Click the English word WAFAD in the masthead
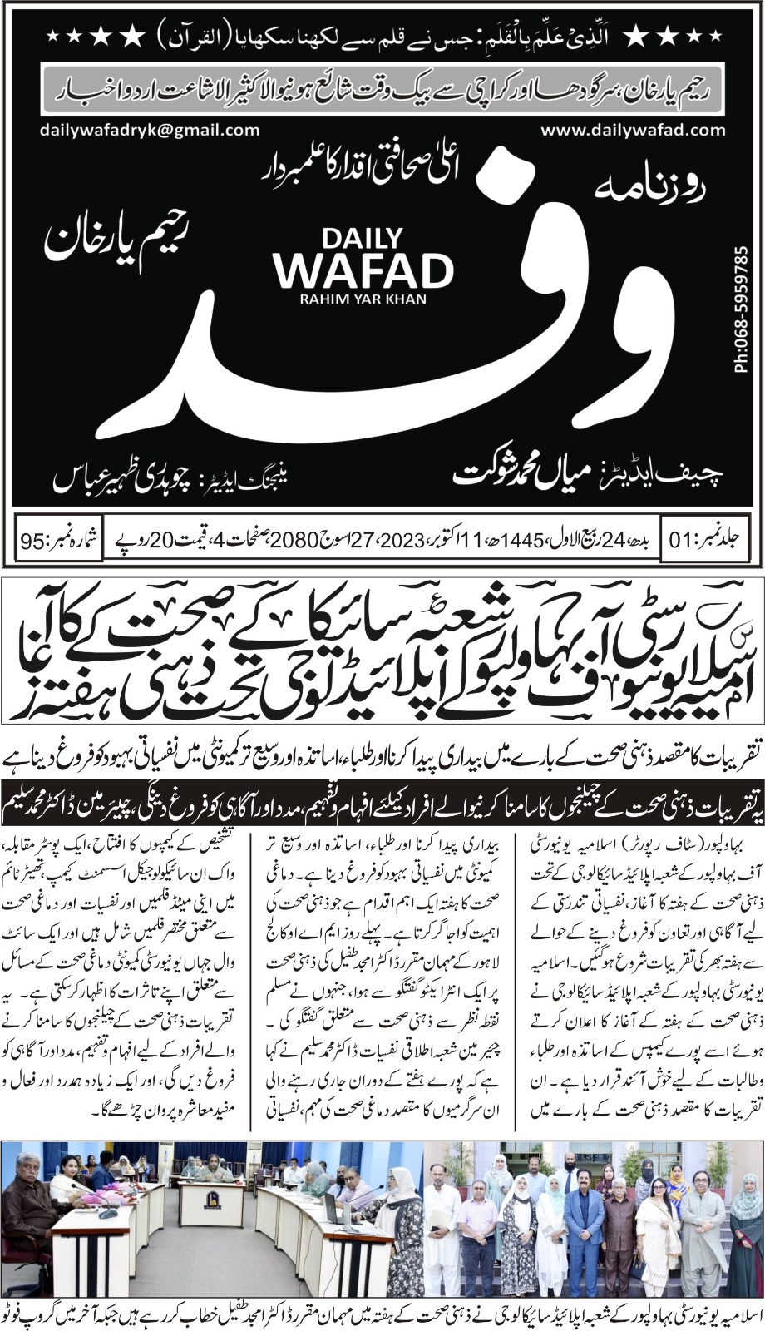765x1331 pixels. pyautogui.click(x=365, y=269)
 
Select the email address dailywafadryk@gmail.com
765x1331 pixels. pyautogui.click(x=149, y=130)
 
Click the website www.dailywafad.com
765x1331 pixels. pyautogui.click(x=633, y=130)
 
